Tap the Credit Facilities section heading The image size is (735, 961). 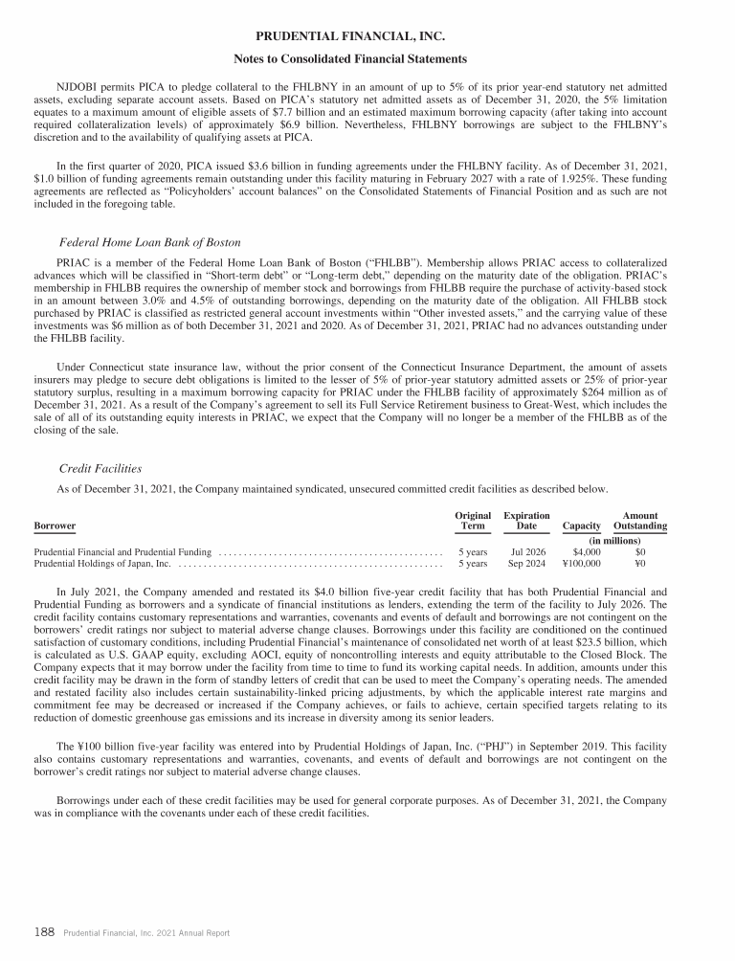[x=100, y=468]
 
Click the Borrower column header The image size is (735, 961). [x=55, y=526]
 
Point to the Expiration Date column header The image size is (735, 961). [x=526, y=521]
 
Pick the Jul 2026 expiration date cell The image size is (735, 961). [x=529, y=552]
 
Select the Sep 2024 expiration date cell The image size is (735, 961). [x=528, y=564]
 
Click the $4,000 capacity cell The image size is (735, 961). [x=586, y=552]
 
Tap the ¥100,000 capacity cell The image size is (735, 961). [x=581, y=564]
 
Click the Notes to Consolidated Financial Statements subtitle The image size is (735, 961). [x=367, y=59]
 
